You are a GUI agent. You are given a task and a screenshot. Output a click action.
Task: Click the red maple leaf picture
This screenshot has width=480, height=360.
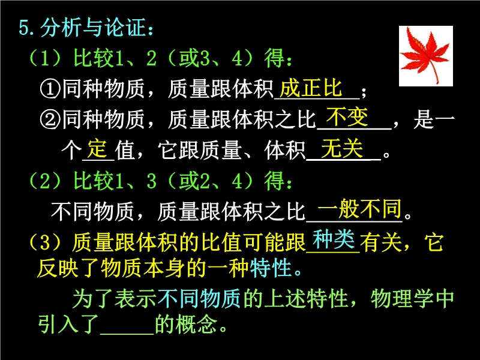tap(426, 56)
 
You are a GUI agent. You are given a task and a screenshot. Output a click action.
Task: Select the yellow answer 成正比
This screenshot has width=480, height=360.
tap(311, 88)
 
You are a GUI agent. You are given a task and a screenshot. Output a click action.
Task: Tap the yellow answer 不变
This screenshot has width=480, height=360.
tap(347, 117)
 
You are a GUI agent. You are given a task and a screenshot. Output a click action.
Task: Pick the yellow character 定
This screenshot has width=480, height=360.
tap(97, 149)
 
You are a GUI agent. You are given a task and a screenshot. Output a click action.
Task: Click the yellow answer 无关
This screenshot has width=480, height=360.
tap(342, 148)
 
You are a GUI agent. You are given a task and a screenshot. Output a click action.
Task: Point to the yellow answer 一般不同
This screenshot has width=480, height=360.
tap(359, 208)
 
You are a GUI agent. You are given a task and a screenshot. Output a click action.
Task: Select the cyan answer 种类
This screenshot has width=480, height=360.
tap(334, 239)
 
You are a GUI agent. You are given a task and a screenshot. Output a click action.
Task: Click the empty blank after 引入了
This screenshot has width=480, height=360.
tap(127, 333)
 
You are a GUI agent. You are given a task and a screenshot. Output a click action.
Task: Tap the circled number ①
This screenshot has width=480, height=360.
tap(50, 89)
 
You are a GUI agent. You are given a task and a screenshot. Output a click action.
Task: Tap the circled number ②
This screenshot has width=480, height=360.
tap(50, 119)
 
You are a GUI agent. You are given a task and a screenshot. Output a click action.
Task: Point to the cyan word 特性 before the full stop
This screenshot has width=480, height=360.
tap(271, 268)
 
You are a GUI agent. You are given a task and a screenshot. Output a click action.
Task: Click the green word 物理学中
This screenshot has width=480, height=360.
tap(412, 298)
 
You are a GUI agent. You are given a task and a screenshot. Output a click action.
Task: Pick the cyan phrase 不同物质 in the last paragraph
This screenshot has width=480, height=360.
tap(200, 298)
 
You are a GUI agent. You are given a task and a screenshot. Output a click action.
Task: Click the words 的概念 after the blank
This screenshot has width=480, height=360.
tap(186, 324)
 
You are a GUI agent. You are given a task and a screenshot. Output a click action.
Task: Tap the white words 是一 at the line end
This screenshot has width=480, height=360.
tap(434, 119)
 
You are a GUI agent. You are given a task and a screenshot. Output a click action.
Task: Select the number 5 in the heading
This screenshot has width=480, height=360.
tap(23, 28)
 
